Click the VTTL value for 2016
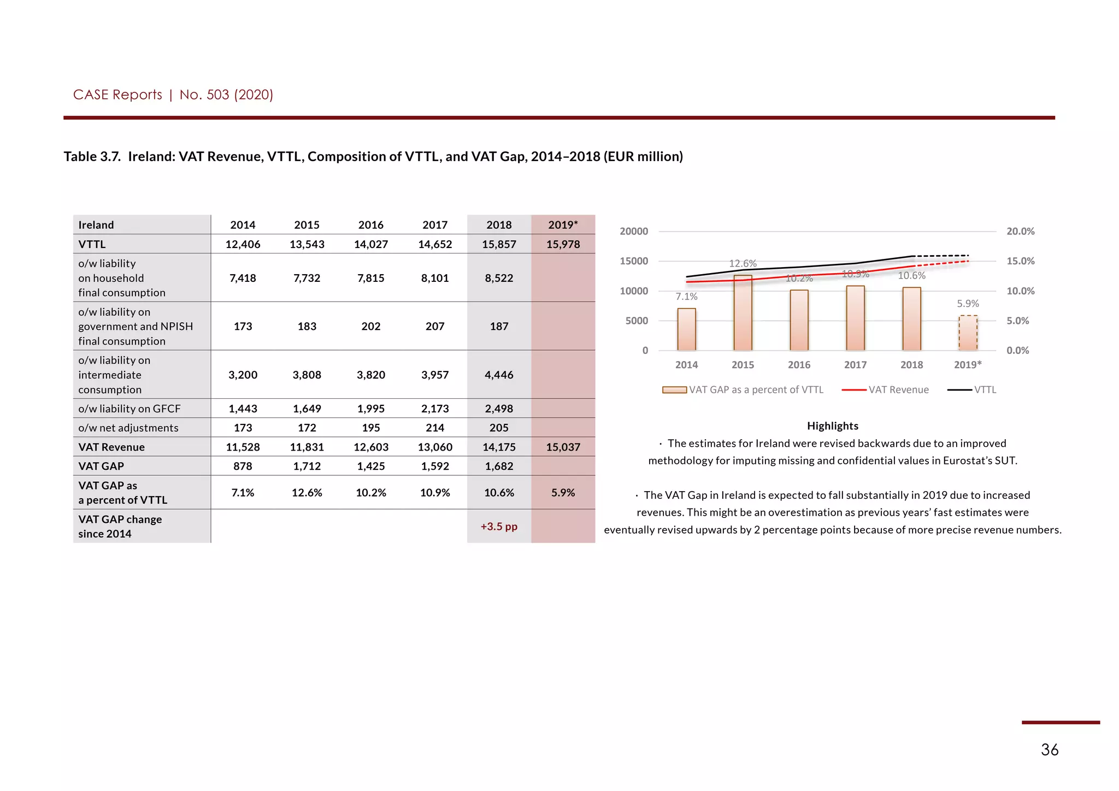coord(370,244)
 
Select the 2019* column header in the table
coord(563,225)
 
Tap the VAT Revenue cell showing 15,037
coord(563,447)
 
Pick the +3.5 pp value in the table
coord(499,527)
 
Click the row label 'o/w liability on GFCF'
coord(129,409)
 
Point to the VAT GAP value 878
coord(243,466)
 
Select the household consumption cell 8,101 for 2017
coord(435,278)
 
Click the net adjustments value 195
coord(370,428)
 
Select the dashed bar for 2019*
coord(968,333)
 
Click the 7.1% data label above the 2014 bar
coord(686,297)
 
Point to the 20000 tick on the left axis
coord(634,232)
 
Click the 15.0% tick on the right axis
coord(1020,261)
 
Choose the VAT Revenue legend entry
coord(898,390)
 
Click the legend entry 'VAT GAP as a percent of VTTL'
coord(756,390)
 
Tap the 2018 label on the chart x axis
coord(911,365)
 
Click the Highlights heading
coord(832,426)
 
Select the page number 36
coord(1049,749)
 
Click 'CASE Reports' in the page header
coord(117,95)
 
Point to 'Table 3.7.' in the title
coord(92,157)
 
